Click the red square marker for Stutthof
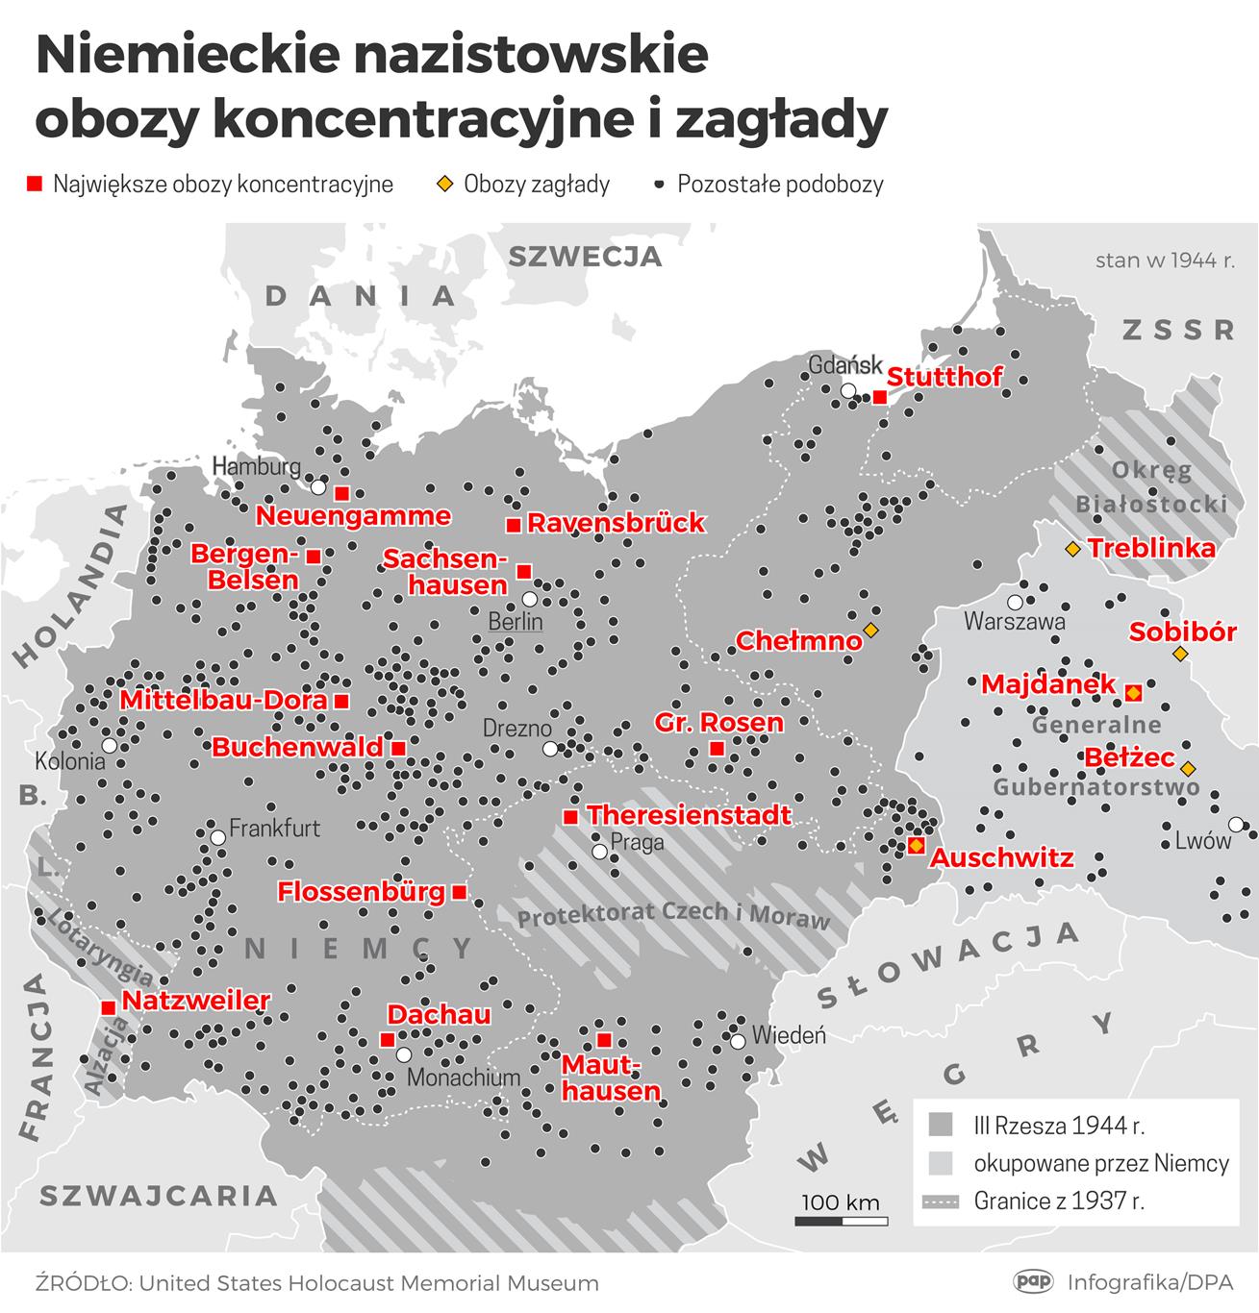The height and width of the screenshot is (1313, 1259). (x=879, y=397)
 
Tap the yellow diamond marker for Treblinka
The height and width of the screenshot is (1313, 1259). (x=1071, y=549)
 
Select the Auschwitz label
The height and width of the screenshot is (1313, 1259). (x=1001, y=858)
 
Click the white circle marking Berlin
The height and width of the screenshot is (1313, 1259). (x=529, y=599)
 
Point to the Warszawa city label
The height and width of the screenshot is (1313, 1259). (x=1014, y=622)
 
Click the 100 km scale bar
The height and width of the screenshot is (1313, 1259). (x=841, y=1221)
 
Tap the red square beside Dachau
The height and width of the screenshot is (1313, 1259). (x=387, y=1039)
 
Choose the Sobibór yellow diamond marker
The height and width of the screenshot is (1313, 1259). (x=1180, y=655)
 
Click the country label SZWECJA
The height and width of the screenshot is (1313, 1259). (x=585, y=257)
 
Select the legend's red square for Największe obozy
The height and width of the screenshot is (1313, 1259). (x=36, y=184)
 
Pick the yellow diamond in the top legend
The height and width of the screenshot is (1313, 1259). (x=444, y=184)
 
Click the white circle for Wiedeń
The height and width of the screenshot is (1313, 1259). (x=737, y=1041)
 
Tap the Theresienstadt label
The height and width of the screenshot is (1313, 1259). (x=689, y=816)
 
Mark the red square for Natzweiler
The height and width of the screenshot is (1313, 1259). (x=108, y=1006)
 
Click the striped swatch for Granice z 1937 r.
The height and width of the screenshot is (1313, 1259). (x=941, y=1202)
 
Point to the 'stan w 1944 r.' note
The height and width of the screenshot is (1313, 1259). (x=1165, y=260)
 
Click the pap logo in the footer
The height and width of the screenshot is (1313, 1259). (x=1034, y=1281)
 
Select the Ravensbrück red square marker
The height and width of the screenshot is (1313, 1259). (x=514, y=525)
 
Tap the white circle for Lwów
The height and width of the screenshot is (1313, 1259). (x=1236, y=824)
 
